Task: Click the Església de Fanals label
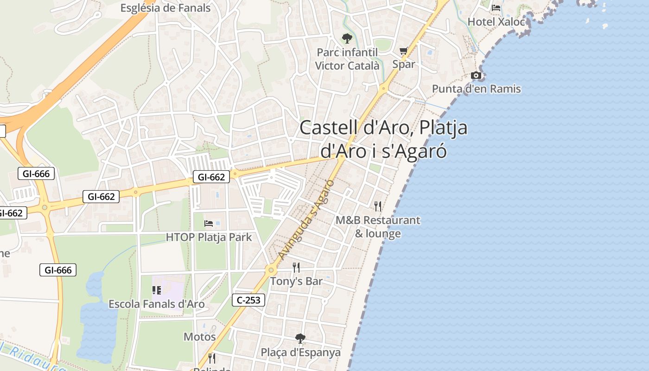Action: (x=165, y=8)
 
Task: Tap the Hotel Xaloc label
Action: (x=496, y=22)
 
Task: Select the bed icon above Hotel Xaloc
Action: (x=496, y=8)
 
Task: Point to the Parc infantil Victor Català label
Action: (x=347, y=59)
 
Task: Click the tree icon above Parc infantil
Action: (x=347, y=38)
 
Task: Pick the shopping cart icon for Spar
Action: (x=404, y=51)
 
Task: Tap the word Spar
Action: (x=404, y=64)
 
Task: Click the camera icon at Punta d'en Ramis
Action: (x=476, y=75)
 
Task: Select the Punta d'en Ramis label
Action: (x=477, y=89)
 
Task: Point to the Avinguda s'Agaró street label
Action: (x=306, y=218)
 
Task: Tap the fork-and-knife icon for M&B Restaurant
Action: (x=378, y=206)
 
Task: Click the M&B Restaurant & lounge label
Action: (x=378, y=227)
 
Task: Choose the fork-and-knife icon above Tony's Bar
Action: (x=296, y=267)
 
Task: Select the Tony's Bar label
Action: (x=296, y=281)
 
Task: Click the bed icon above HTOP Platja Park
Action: (x=209, y=224)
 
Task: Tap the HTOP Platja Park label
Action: (x=209, y=237)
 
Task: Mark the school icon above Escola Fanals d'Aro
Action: (x=157, y=290)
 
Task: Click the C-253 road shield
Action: (x=248, y=300)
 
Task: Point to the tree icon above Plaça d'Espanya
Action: (x=300, y=339)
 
